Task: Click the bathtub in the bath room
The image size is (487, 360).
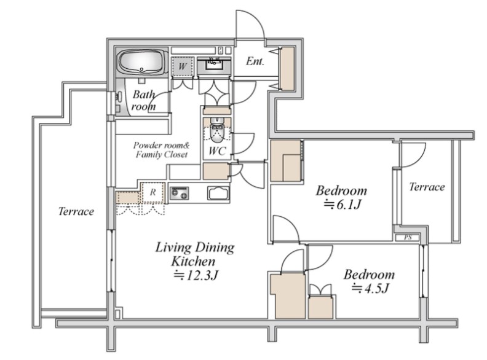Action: [x=142, y=61]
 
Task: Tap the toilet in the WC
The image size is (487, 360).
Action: [x=216, y=130]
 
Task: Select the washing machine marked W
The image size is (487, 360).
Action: [x=182, y=66]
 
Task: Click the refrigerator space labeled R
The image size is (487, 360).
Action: [x=152, y=193]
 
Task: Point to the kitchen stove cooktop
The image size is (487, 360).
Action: [x=179, y=193]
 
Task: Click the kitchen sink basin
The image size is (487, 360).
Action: [x=219, y=194]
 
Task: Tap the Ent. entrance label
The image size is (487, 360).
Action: [x=255, y=61]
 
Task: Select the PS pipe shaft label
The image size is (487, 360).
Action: [x=408, y=238]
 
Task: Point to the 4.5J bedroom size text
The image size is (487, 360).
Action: [x=370, y=289]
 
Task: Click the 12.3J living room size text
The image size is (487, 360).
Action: [x=196, y=275]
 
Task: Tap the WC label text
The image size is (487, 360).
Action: [x=217, y=151]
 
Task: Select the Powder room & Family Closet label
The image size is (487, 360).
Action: [x=162, y=150]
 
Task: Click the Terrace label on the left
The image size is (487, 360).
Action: [x=76, y=211]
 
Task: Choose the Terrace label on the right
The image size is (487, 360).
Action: [x=427, y=187]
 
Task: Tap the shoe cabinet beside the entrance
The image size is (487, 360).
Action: [x=287, y=69]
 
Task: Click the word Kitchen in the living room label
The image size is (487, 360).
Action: [x=193, y=261]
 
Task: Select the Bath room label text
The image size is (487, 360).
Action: [x=143, y=101]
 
